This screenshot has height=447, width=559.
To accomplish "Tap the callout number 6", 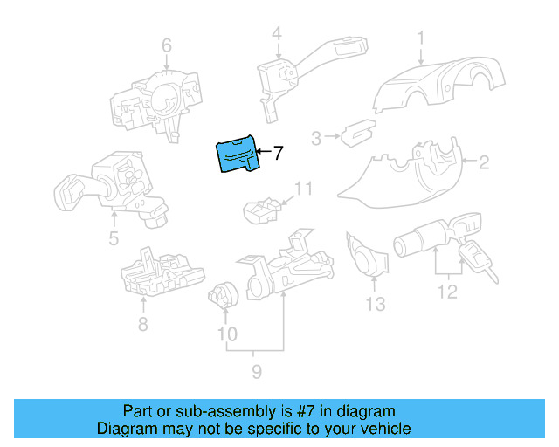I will tap(167, 45).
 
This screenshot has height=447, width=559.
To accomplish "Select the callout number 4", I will tap(276, 35).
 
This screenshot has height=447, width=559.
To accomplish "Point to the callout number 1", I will tap(420, 38).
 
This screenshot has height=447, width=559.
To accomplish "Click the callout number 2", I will tap(483, 161).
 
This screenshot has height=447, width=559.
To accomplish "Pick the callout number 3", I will tap(316, 136).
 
